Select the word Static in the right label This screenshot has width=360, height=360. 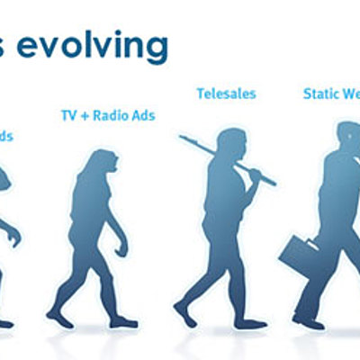click(320, 93)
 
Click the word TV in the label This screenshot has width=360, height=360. click(68, 115)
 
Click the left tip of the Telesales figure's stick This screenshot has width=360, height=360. click(181, 138)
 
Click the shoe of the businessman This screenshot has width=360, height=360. click(308, 320)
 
